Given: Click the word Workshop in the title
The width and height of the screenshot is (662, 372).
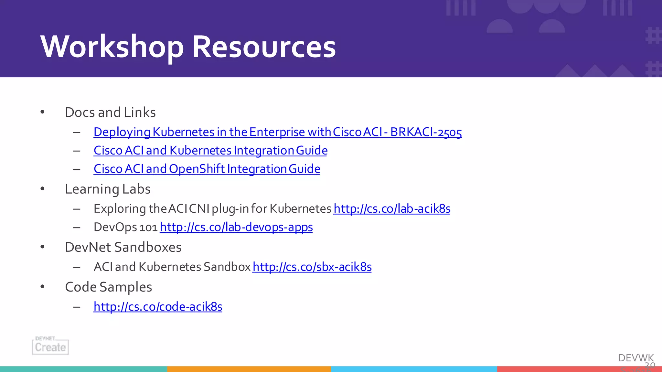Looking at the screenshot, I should (112, 47).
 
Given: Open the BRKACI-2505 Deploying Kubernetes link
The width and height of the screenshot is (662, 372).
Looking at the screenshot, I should (277, 132).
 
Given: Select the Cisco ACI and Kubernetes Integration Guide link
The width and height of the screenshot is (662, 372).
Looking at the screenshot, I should (210, 151).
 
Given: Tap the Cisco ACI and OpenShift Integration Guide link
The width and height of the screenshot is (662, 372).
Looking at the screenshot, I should (207, 169).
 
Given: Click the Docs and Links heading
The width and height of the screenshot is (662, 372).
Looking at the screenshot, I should (110, 112).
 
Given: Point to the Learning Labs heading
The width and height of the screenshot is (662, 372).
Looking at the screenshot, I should (108, 189).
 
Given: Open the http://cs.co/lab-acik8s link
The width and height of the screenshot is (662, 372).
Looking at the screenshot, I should (392, 209).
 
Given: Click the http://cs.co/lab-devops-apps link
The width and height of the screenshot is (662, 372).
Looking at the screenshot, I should (236, 227).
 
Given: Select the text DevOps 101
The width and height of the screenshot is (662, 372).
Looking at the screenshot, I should (125, 227).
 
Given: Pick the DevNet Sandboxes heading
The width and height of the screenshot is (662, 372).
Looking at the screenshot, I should (123, 247).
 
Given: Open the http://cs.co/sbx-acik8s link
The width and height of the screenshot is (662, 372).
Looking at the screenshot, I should (312, 267).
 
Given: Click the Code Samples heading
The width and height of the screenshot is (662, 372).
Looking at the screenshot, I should (108, 287).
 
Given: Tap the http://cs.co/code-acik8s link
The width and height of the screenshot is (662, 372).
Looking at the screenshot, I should (158, 307).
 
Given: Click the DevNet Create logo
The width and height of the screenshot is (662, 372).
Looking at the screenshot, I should (50, 346).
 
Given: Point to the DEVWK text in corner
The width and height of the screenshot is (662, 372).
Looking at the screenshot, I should (636, 358).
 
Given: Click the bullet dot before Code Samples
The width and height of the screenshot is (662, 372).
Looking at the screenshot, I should (42, 287).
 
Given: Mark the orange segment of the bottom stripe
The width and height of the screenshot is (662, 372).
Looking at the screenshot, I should (249, 369).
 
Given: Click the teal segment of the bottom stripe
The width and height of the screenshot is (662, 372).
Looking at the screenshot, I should (83, 369).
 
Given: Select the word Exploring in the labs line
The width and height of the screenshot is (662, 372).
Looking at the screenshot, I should (120, 209).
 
